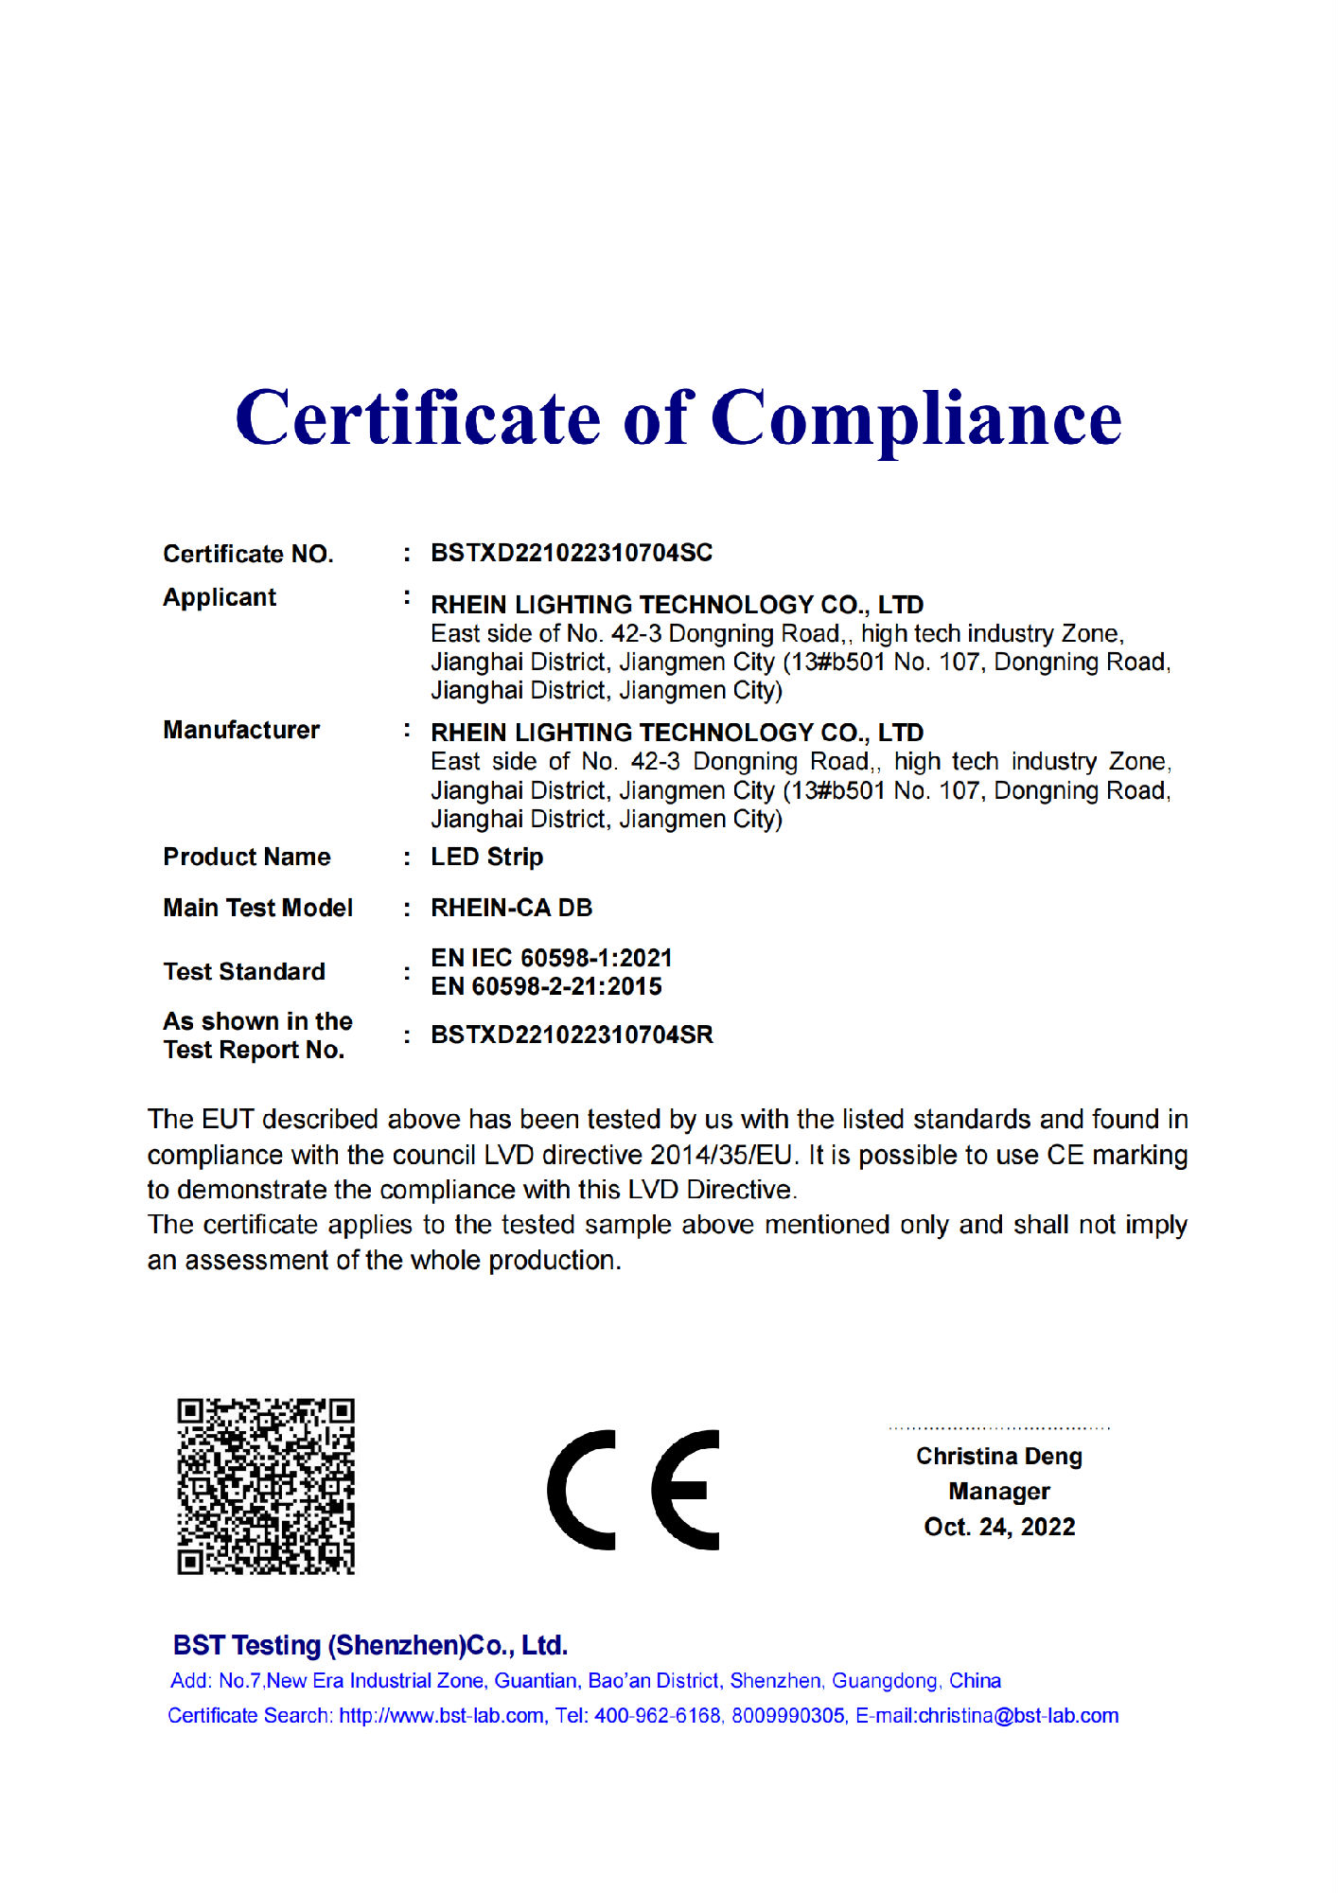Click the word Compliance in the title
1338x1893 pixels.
915,419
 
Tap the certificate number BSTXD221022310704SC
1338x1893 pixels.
572,553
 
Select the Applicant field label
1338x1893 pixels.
220,597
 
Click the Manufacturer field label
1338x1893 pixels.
241,730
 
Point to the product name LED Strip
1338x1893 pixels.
486,857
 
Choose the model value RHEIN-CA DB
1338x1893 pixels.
511,908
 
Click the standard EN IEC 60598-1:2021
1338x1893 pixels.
551,958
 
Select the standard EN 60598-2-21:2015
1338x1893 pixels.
546,986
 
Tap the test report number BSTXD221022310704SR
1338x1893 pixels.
572,1035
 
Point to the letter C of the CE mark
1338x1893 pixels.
580,1490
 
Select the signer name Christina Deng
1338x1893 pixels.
998,1456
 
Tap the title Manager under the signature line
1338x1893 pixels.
998,1491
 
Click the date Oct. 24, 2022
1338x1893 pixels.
999,1527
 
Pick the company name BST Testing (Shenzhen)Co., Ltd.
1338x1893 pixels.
370,1645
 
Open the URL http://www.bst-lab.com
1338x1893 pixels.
442,1715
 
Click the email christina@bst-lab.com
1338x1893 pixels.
1018,1715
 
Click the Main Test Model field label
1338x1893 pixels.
257,908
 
